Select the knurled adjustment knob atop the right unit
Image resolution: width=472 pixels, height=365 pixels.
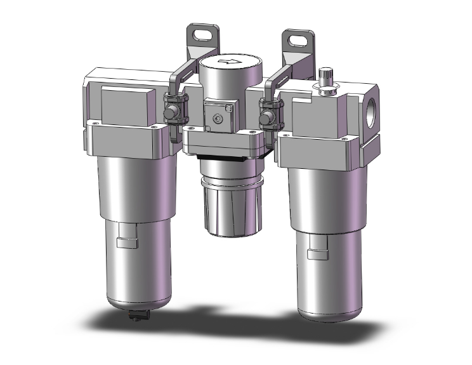[x=328, y=80]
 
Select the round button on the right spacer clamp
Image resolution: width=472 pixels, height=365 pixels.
[x=267, y=117]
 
